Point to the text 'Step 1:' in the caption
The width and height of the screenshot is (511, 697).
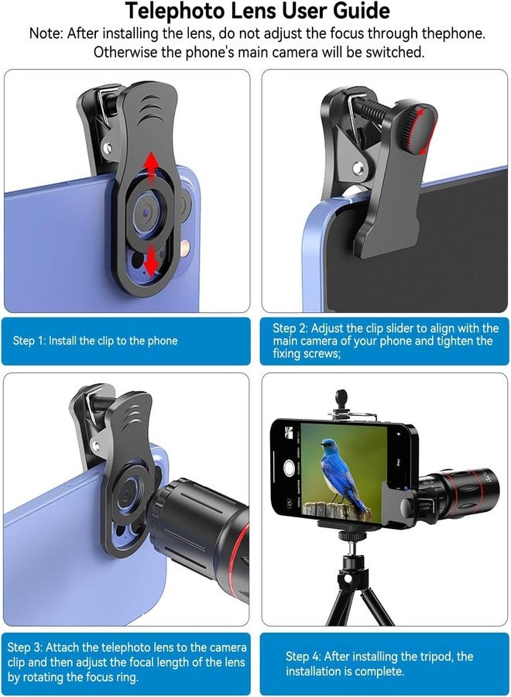pyautogui.click(x=29, y=341)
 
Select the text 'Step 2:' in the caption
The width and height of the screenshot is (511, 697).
pyautogui.click(x=290, y=328)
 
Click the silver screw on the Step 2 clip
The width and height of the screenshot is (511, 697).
pyautogui.click(x=358, y=168)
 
